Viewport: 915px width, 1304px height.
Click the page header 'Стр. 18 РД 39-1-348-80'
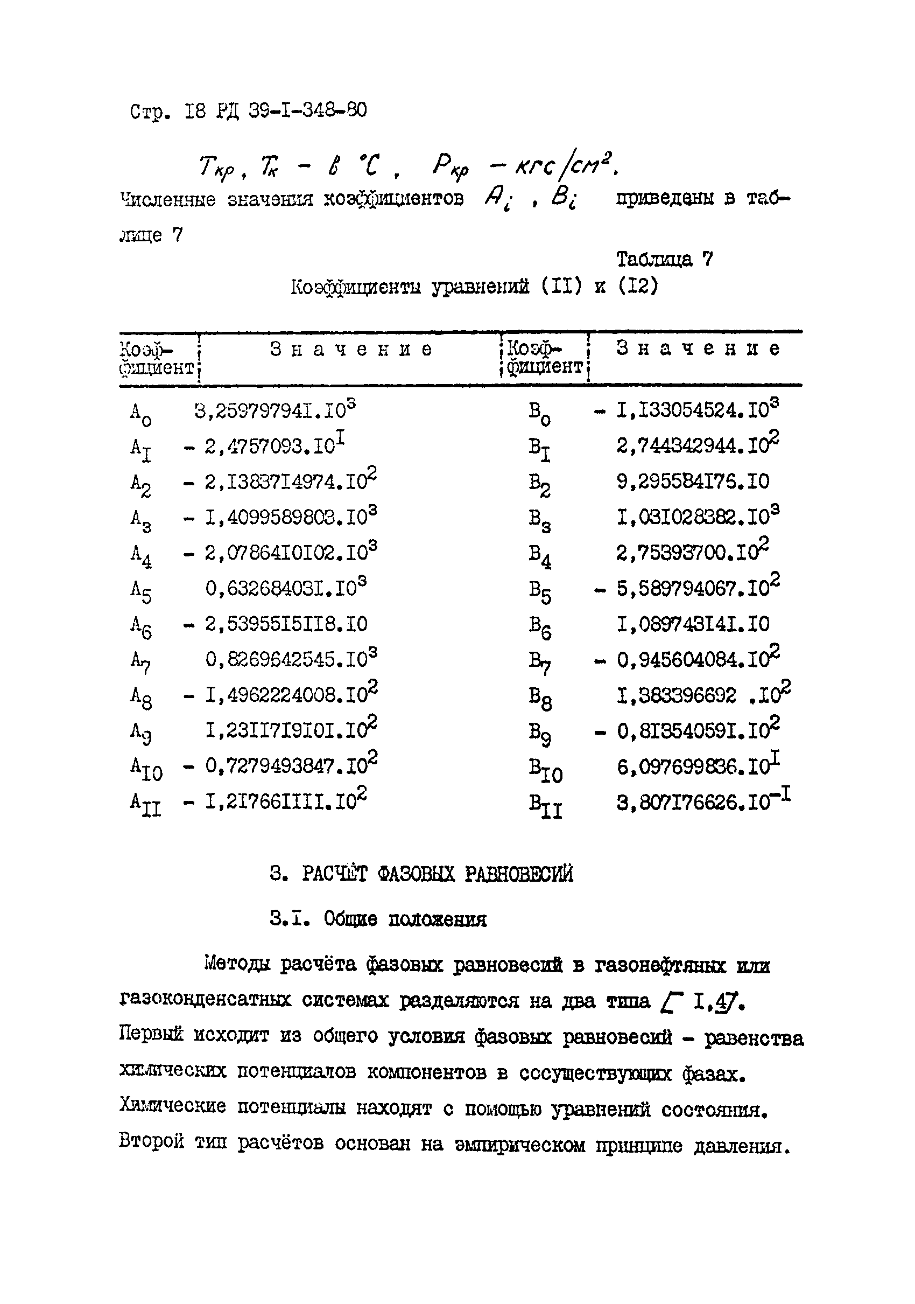pyautogui.click(x=248, y=111)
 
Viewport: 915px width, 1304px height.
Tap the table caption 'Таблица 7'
pyautogui.click(x=664, y=260)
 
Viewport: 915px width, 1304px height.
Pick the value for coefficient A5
pyautogui.click(x=285, y=588)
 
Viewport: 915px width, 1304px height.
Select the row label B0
pyautogui.click(x=540, y=413)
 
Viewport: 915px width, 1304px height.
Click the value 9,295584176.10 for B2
pyautogui.click(x=693, y=482)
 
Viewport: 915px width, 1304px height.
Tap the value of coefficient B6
pyautogui.click(x=693, y=624)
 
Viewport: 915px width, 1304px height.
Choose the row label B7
pyautogui.click(x=540, y=661)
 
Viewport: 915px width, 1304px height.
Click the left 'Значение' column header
pyautogui.click(x=351, y=348)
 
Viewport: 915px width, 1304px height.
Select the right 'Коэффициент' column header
pyautogui.click(x=544, y=357)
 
